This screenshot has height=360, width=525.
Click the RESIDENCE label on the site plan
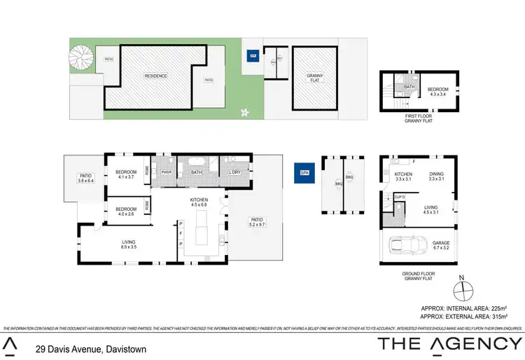tap(156, 76)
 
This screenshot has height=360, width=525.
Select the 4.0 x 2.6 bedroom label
tap(126, 212)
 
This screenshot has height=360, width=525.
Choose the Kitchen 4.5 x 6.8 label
tap(199, 203)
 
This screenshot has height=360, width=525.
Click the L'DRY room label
tap(234, 172)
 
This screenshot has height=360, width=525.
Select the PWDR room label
tap(167, 172)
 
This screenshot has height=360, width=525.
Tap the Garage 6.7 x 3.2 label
tap(442, 244)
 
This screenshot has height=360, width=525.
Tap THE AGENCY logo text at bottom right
tap(450, 343)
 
